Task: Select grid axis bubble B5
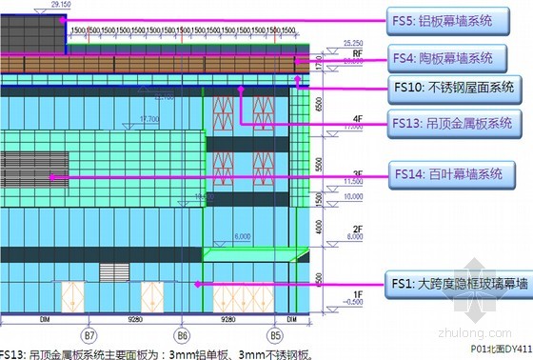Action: pyautogui.click(x=275, y=335)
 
